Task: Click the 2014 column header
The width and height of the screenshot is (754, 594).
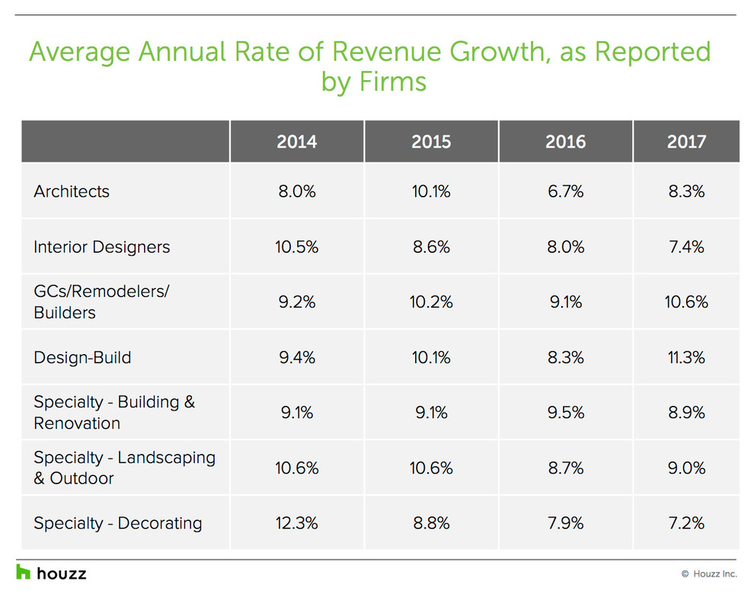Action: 296,142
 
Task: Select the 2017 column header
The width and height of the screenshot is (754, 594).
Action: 686,142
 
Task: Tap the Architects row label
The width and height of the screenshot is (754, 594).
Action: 72,191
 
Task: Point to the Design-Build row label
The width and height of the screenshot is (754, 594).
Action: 82,357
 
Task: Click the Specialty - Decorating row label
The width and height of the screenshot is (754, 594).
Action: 118,523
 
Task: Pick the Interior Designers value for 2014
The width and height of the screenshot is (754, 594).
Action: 296,247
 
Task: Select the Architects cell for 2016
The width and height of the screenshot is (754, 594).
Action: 565,191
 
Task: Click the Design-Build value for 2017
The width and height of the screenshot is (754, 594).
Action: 686,357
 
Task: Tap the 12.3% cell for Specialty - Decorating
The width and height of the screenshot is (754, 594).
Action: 296,523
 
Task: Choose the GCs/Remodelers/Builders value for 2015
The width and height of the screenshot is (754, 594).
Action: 431,302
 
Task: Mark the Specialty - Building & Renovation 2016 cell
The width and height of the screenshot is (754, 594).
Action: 565,413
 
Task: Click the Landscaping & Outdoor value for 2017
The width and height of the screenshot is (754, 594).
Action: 686,468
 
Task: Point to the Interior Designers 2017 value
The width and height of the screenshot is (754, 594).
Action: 686,247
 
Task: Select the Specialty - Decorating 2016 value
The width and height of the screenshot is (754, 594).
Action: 565,523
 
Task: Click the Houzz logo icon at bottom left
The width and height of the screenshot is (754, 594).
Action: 24,572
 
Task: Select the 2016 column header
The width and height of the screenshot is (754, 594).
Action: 565,142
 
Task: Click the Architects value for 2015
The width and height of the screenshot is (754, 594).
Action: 431,191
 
